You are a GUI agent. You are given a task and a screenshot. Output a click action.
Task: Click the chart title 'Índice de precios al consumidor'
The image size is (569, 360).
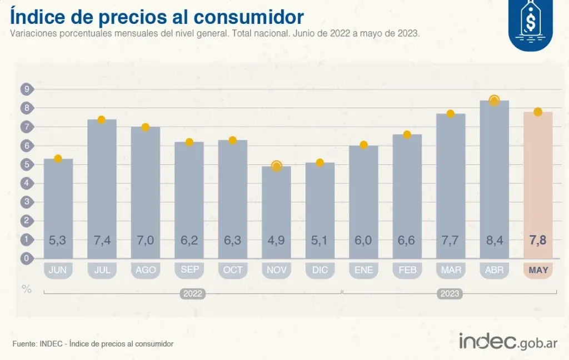tap(157, 17)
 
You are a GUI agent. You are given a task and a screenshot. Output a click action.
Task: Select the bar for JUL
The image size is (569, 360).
tap(102, 189)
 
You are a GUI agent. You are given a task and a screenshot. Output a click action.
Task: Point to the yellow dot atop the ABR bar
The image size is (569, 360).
tap(494, 101)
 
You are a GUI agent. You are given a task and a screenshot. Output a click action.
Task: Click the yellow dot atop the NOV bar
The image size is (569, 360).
tap(276, 166)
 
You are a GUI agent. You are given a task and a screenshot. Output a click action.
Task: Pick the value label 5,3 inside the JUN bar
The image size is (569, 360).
tap(58, 240)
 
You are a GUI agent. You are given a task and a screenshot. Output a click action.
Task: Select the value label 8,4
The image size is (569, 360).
tap(494, 240)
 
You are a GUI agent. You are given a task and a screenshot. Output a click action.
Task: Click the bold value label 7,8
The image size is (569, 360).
tap(537, 240)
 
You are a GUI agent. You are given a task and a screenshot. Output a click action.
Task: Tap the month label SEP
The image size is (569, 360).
tap(189, 270)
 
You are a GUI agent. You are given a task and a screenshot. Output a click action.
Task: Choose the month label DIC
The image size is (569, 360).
tap(320, 270)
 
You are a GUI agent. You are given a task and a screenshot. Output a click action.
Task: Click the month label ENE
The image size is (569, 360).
tap(363, 270)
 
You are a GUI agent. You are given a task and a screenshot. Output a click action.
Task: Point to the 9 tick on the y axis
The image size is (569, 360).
tap(26, 89)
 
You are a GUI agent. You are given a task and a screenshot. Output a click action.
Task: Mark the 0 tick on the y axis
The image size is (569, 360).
tap(26, 258)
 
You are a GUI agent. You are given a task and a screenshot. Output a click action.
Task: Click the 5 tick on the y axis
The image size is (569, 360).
tap(26, 164)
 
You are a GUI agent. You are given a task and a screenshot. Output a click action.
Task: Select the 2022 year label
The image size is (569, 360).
tap(192, 293)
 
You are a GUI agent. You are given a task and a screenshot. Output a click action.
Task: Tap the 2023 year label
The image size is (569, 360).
tap(450, 293)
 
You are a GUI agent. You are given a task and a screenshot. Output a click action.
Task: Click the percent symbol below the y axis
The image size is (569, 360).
tap(26, 288)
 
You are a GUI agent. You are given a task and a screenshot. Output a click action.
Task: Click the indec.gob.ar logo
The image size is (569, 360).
tap(508, 341)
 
